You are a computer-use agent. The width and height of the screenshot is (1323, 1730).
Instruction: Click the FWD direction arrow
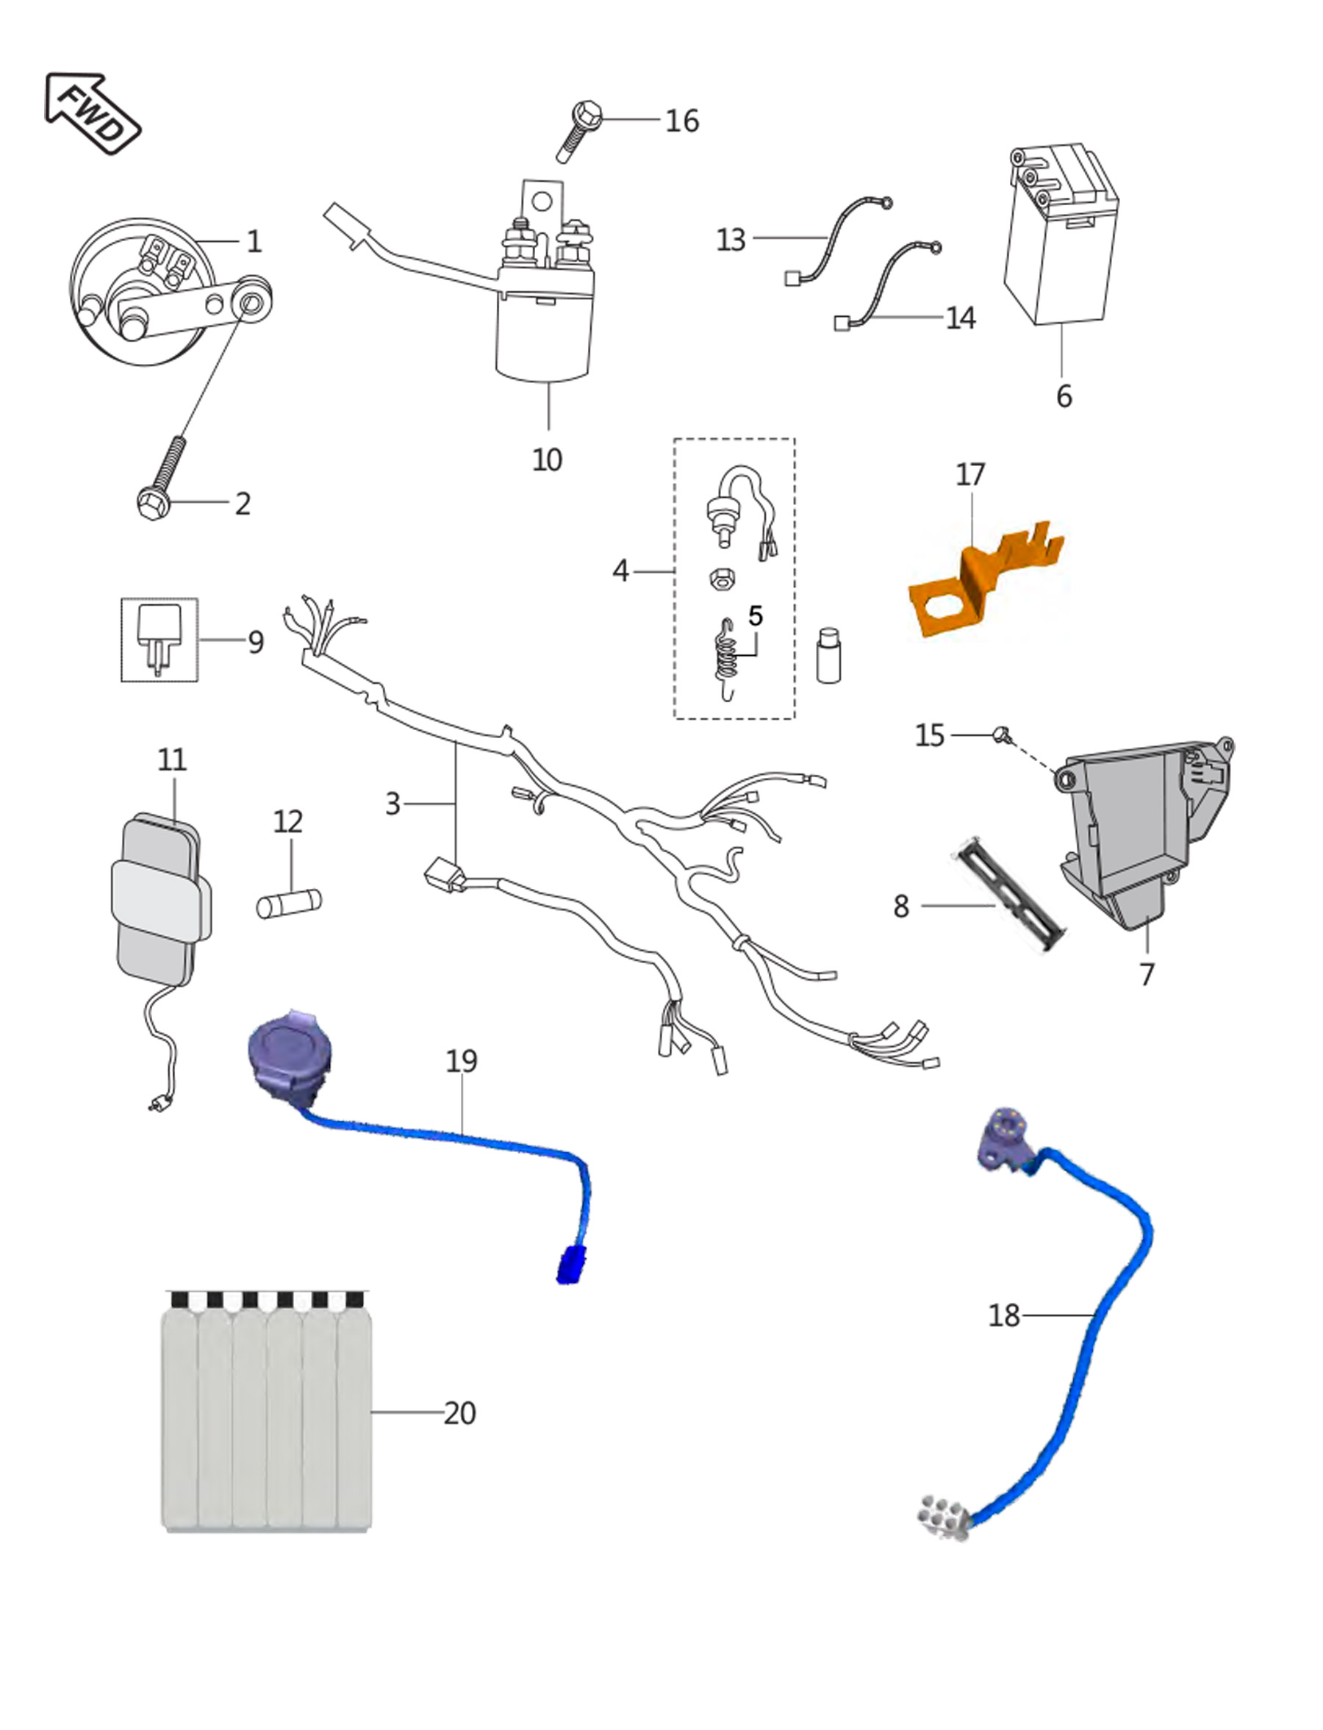tap(92, 113)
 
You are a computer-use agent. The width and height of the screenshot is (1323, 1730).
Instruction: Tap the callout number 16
tap(682, 121)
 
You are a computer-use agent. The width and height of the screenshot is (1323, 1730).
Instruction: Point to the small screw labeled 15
tap(1002, 734)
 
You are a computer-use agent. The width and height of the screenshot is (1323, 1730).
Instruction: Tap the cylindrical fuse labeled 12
tap(288, 903)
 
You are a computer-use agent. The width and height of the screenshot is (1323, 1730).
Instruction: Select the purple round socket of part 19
tap(288, 1056)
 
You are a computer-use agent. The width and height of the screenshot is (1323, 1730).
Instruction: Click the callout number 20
tap(460, 1412)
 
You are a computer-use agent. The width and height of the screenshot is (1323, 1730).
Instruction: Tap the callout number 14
tap(961, 318)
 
